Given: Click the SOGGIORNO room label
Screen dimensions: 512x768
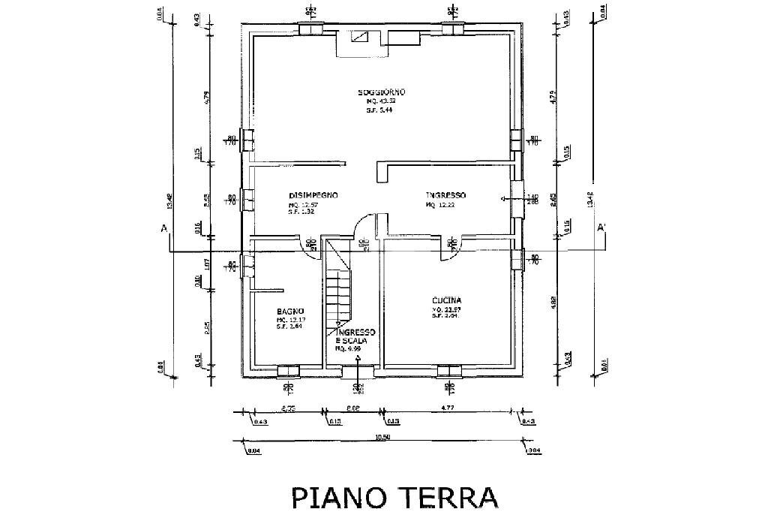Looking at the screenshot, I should point(381,92).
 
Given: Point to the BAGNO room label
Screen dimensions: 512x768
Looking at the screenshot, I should point(289,311).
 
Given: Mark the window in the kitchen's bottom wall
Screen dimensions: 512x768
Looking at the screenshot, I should point(448,370).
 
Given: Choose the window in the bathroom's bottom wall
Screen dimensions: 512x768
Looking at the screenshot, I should point(288,370).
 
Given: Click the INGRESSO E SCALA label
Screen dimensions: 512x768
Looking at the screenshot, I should point(355,336).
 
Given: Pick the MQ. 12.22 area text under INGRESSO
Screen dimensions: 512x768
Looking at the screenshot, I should point(441,205).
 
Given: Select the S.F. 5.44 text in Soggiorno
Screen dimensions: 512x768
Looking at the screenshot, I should point(379,110).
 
